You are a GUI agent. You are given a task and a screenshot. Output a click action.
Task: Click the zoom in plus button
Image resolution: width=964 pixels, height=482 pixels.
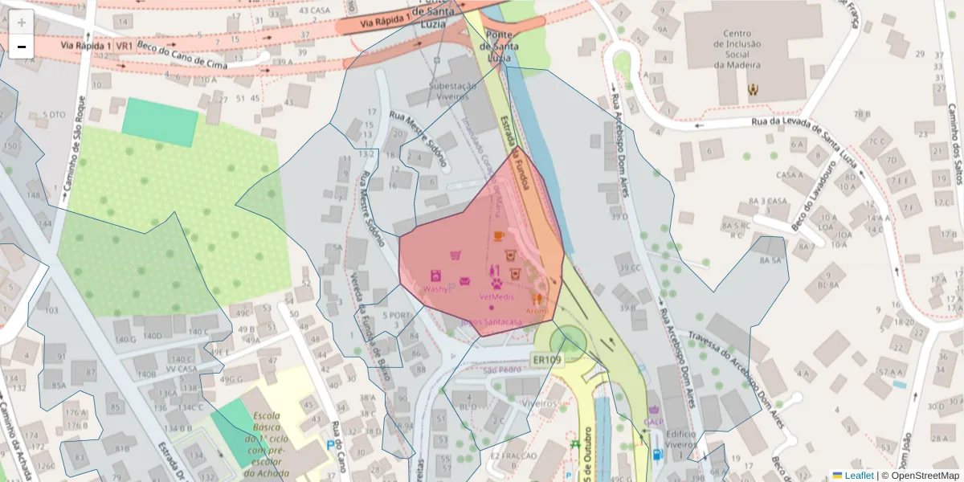tap(21, 22)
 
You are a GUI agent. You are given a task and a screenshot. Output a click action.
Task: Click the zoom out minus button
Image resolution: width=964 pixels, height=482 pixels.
tap(21, 47)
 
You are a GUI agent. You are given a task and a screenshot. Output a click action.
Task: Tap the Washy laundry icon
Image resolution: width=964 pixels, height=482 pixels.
tap(435, 275)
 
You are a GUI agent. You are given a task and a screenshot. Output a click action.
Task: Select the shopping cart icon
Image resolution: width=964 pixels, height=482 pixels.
tap(455, 255)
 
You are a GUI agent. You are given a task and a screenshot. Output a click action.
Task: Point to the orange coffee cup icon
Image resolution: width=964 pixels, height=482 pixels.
tap(499, 235)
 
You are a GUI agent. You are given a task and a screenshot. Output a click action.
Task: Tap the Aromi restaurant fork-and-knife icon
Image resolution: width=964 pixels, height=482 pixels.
tap(537, 298)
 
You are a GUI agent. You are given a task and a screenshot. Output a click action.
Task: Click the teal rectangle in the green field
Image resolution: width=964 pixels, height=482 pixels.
tap(160, 122)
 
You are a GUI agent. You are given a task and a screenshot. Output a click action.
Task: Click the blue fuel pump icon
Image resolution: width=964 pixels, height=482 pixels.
tap(658, 455)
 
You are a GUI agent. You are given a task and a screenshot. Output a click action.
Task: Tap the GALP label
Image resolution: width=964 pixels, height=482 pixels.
tap(653, 422)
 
